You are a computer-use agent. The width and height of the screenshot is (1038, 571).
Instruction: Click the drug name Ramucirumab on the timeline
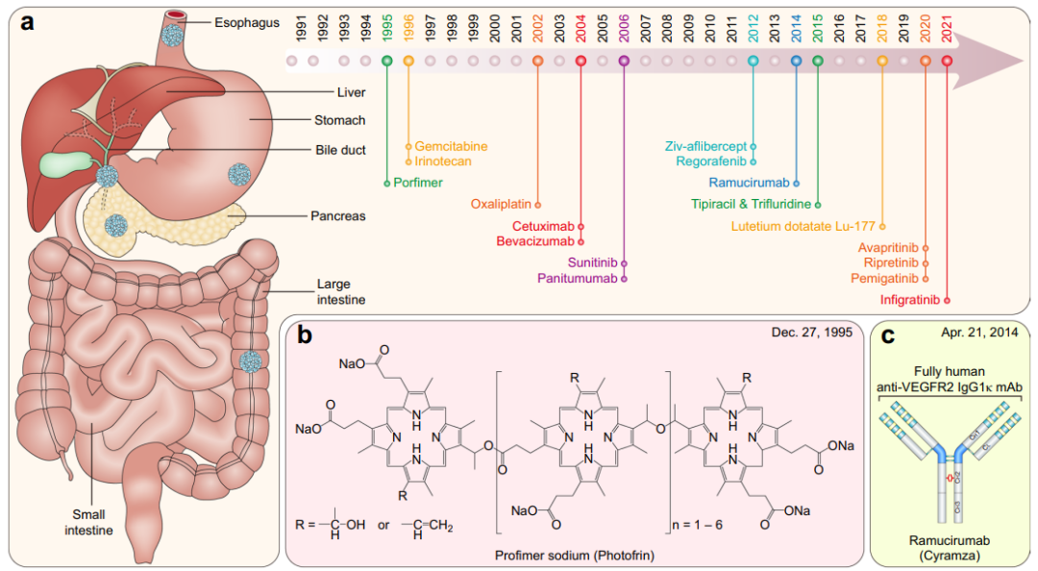coord(748,182)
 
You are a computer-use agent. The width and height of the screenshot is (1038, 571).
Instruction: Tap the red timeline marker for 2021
coord(948,61)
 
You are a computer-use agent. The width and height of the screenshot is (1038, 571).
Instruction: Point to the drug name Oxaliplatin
coord(501,205)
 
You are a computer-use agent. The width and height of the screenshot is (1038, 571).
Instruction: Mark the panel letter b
coord(305,335)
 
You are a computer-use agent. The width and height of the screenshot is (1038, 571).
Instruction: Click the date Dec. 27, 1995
coord(810,333)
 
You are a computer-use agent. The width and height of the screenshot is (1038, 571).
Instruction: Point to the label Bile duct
coord(340,150)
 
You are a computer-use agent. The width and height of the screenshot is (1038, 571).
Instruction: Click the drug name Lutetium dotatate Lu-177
coord(803,227)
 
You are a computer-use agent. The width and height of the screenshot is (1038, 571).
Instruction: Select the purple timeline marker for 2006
coord(625,61)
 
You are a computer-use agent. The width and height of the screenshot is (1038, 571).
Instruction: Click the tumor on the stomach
coord(237,174)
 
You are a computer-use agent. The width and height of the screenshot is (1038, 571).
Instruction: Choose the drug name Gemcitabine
coord(451,146)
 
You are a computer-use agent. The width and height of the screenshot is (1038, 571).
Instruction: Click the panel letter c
coord(888,335)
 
